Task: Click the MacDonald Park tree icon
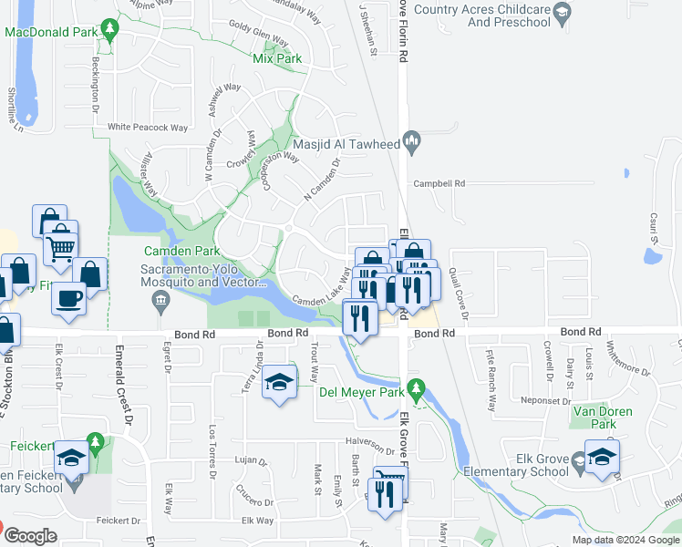(110, 31)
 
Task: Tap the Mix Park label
(276, 59)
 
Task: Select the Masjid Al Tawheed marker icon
(412, 140)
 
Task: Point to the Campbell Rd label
(439, 182)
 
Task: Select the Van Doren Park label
(602, 417)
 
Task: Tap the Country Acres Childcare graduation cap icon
(563, 12)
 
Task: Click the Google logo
(31, 537)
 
